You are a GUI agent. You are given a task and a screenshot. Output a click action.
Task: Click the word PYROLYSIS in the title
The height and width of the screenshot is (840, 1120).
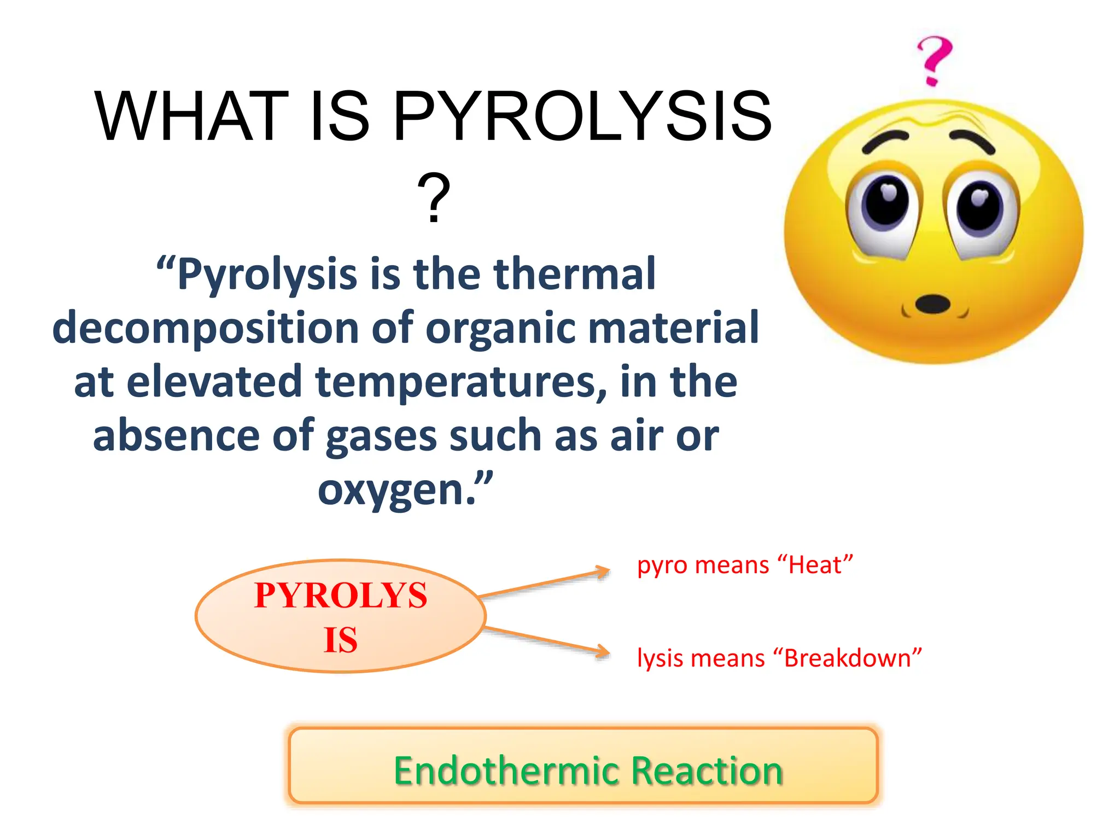[x=582, y=116]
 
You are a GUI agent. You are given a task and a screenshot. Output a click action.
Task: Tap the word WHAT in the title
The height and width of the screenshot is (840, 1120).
[x=191, y=116]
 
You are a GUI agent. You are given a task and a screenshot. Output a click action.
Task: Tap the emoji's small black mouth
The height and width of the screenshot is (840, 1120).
[x=932, y=304]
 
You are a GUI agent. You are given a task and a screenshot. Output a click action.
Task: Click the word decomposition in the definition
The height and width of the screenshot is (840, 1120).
[x=206, y=327]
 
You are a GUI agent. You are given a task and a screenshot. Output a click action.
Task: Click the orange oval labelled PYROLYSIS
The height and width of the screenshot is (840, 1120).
[x=340, y=616]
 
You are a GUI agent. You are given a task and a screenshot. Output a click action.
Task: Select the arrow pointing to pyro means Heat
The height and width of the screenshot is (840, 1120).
[x=544, y=583]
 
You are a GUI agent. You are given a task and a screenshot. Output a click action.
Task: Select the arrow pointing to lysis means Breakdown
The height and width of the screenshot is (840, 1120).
[x=547, y=640]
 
